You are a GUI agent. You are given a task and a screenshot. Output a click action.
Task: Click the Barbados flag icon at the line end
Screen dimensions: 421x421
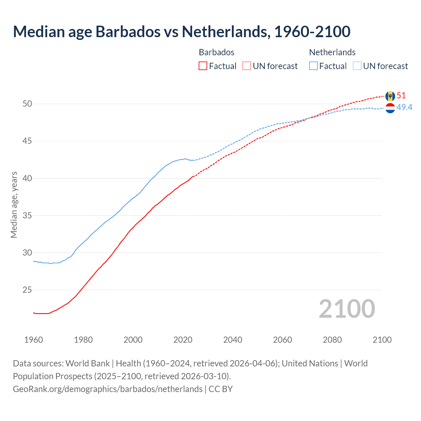pos(390,96)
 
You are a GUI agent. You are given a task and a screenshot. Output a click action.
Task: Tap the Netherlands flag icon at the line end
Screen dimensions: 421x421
pos(390,108)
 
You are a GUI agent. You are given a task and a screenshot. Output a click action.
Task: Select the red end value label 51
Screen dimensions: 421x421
pos(401,96)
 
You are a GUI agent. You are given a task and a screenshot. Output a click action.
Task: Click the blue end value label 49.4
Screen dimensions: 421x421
pos(404,108)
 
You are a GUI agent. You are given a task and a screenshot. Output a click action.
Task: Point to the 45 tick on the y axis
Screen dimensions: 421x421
pos(27,141)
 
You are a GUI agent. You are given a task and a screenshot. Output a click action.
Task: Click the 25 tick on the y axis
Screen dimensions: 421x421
pos(27,290)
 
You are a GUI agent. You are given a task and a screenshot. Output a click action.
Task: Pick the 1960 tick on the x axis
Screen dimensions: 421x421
pos(34,340)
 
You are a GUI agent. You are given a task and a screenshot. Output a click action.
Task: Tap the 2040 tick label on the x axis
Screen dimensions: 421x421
pos(233,340)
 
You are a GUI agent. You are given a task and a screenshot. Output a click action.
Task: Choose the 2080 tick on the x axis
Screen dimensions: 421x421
pos(332,340)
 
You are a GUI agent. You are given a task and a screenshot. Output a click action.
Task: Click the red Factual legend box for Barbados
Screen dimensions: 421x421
pos(203,66)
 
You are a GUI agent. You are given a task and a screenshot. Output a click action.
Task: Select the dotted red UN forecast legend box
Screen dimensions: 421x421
pos(247,66)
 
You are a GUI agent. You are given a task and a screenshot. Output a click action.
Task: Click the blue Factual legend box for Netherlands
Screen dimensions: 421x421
pos(313,66)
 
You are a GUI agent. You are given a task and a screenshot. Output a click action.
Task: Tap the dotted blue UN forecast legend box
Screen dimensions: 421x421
pos(357,66)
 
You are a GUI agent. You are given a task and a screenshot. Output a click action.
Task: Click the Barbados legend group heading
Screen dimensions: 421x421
pos(216,52)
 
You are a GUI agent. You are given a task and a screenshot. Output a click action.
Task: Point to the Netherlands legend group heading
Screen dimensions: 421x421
pos(332,52)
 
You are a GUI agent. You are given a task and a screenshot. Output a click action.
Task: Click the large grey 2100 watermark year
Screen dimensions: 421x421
pos(347,309)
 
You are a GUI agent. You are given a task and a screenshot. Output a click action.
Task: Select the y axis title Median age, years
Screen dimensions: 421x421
pos(14,205)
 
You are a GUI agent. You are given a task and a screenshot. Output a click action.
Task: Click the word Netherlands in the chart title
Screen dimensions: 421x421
pos(226,32)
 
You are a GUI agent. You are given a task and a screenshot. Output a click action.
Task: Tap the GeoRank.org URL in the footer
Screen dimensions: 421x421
pos(108,389)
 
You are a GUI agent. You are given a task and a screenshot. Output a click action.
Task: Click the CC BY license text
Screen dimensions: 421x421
pos(221,389)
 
